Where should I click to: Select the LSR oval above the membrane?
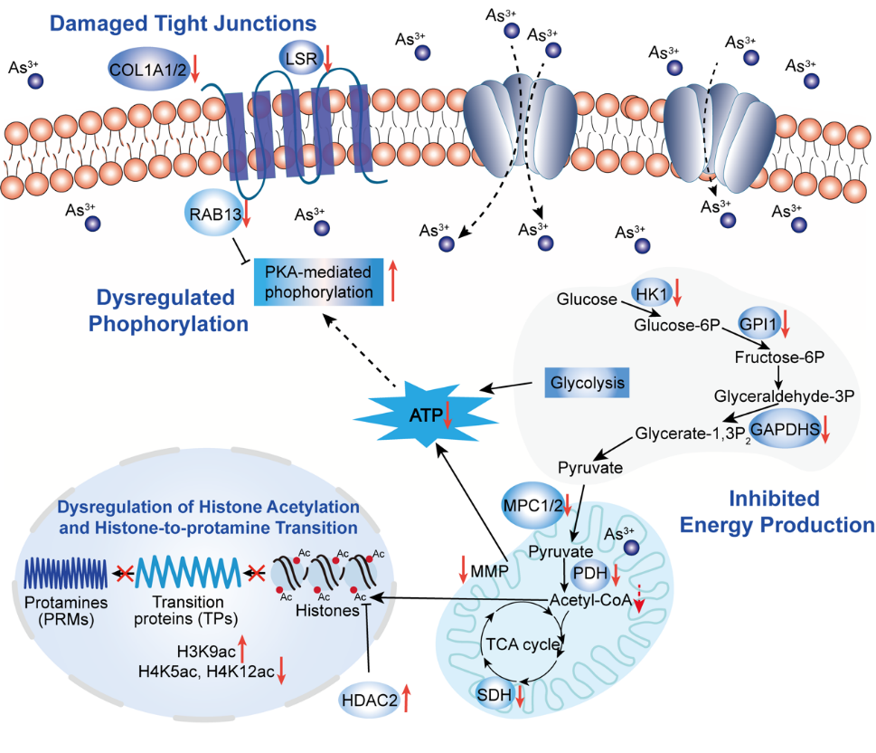tap(299, 58)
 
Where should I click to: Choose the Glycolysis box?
tap(586, 383)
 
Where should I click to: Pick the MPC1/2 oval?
tap(532, 504)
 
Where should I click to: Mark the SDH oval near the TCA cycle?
tap(493, 695)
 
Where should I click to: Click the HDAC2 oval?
tap(370, 699)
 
